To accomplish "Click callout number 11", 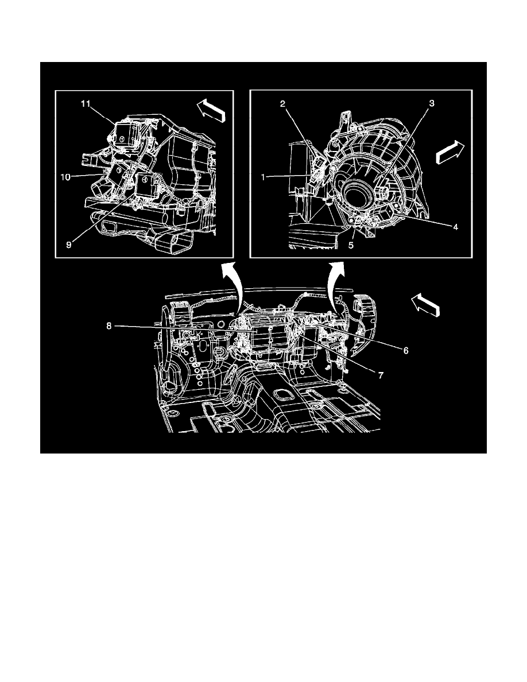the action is tap(85, 103).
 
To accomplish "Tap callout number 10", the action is tap(65, 177).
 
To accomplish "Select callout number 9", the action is tap(69, 245).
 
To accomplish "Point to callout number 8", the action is tap(109, 325).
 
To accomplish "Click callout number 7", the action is tap(381, 375).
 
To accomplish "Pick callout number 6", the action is tap(406, 350).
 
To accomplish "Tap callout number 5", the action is tap(350, 245).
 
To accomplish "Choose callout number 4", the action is tap(455, 227).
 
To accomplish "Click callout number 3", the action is tap(432, 103).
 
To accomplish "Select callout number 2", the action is tap(282, 103).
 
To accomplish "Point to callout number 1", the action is tap(263, 177).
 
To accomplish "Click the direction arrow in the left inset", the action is tap(211, 108).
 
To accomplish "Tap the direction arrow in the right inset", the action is tap(450, 152).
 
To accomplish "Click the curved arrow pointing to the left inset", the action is tap(230, 287).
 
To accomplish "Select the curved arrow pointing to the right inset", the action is tap(336, 287).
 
